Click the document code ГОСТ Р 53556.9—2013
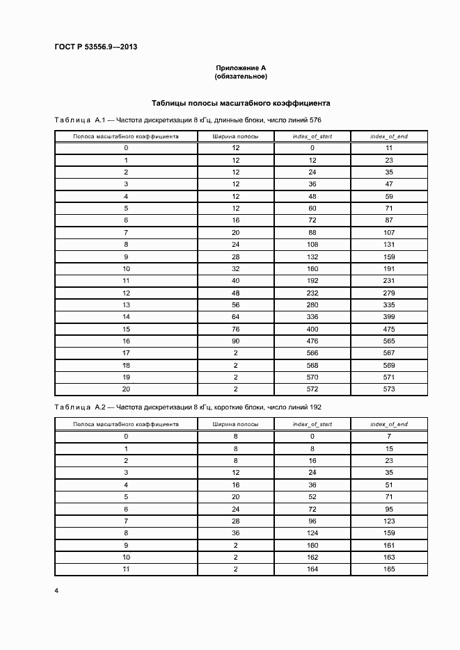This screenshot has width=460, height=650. click(x=96, y=47)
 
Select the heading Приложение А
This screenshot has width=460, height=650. click(x=241, y=67)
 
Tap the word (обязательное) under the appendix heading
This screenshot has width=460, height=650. click(x=241, y=76)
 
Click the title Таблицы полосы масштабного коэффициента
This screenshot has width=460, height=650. click(x=241, y=103)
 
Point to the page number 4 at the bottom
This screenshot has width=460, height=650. click(x=56, y=591)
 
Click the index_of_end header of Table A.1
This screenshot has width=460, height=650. click(x=389, y=136)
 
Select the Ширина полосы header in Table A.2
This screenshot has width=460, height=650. click(x=236, y=423)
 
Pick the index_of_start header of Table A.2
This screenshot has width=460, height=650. click(x=312, y=423)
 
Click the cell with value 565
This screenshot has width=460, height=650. click(x=389, y=341)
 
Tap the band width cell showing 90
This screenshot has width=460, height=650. click(x=236, y=341)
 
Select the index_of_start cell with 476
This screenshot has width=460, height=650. click(x=312, y=341)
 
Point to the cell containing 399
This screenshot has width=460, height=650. click(x=389, y=316)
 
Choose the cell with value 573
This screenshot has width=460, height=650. click(x=389, y=389)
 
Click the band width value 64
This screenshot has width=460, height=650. click(x=236, y=316)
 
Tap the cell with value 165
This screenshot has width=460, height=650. click(x=389, y=569)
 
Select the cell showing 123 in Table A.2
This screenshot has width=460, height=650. click(x=389, y=521)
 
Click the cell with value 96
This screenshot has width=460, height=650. click(x=312, y=521)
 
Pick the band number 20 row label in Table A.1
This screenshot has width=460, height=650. click(x=126, y=389)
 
